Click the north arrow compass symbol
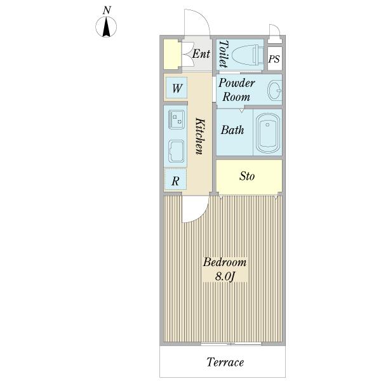[x=106, y=27]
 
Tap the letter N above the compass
[x=107, y=10]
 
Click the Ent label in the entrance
[x=201, y=54]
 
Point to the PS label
[x=274, y=59]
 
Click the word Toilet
[x=224, y=54]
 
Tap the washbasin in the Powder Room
[x=275, y=90]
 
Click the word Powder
[x=236, y=83]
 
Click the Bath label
[x=232, y=130]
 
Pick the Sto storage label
[x=247, y=176]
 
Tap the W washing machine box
[x=177, y=88]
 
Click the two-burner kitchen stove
[x=176, y=119]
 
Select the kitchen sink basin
[x=176, y=151]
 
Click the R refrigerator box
[x=175, y=179]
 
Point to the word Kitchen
[x=200, y=137]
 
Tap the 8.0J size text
[x=225, y=276]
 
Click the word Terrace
[x=225, y=363]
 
